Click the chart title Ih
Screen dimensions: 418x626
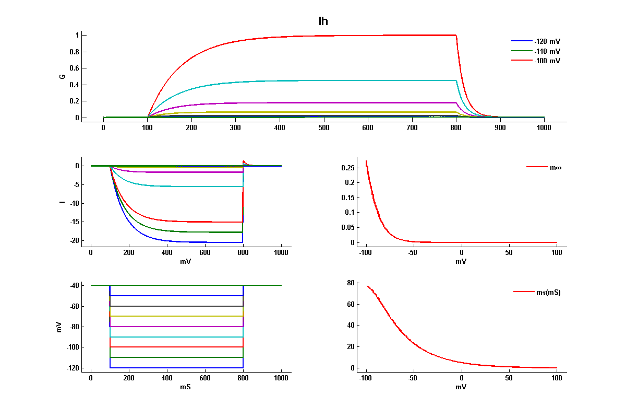pos(323,21)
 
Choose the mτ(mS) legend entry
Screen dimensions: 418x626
pos(548,292)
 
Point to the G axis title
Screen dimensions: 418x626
pos(62,76)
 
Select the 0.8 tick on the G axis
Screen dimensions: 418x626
pos(74,52)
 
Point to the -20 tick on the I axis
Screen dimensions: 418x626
pos(72,240)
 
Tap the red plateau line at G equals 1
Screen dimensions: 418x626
pos(339,36)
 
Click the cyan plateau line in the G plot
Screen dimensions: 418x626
pos(339,80)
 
